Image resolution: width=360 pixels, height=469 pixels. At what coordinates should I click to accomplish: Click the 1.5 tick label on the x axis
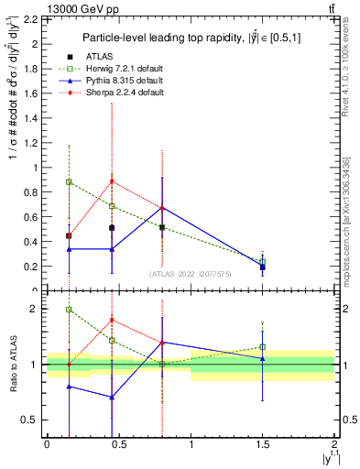[263, 444]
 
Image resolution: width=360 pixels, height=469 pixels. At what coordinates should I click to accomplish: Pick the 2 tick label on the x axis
[335, 444]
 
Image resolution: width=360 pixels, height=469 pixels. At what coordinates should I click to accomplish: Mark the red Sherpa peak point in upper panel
[112, 180]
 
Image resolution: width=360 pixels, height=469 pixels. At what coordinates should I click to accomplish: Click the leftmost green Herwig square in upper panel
[69, 181]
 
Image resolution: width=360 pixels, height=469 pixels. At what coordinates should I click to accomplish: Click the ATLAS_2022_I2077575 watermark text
[191, 273]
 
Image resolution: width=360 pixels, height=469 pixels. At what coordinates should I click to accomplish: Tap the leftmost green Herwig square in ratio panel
[69, 310]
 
